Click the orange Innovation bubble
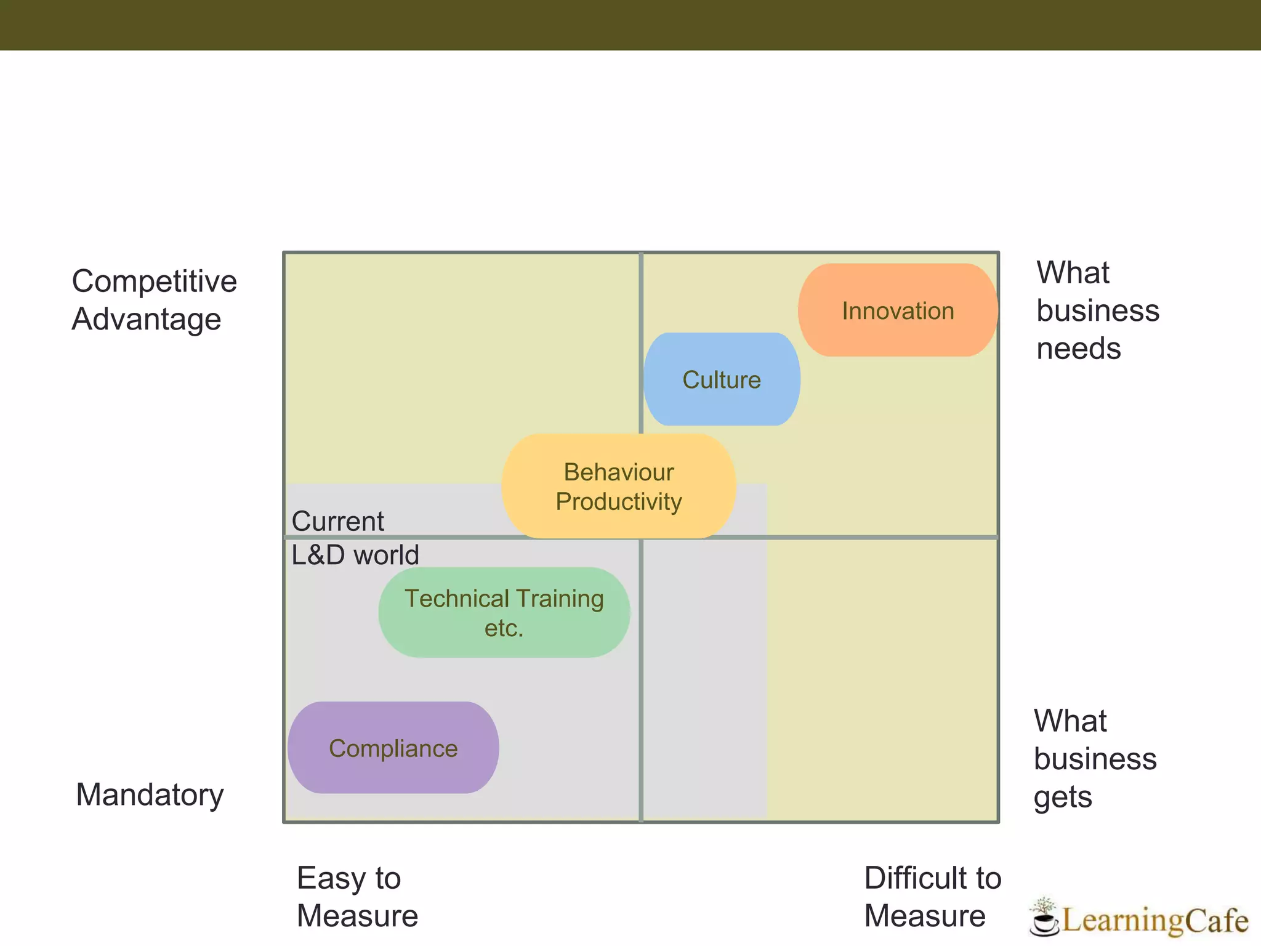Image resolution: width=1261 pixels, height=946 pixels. click(x=898, y=310)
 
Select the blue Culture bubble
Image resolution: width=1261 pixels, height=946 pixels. click(x=722, y=379)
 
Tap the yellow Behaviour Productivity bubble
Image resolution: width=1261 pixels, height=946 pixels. click(x=618, y=486)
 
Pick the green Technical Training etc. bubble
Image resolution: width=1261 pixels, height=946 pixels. click(x=504, y=613)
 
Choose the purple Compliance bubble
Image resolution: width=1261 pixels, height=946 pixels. click(x=393, y=748)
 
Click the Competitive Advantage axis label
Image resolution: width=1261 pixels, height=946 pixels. click(x=154, y=300)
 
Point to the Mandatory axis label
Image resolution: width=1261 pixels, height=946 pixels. click(x=150, y=794)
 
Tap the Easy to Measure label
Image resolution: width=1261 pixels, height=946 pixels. click(x=357, y=897)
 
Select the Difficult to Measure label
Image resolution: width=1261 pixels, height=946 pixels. click(x=932, y=897)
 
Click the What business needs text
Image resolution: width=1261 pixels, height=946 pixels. click(x=1097, y=310)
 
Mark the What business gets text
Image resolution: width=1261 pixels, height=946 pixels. click(x=1095, y=759)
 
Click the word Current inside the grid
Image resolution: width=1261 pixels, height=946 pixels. click(x=337, y=521)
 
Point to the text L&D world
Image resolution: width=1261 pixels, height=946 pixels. click(x=355, y=555)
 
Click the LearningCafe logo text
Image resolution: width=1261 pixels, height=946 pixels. click(x=1155, y=920)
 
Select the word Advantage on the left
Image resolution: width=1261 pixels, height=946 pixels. click(x=147, y=319)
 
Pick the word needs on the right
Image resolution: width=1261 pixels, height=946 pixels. click(x=1079, y=349)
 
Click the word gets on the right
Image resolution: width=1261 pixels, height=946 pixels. click(x=1063, y=797)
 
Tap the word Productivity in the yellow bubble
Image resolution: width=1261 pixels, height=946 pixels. click(x=618, y=501)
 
